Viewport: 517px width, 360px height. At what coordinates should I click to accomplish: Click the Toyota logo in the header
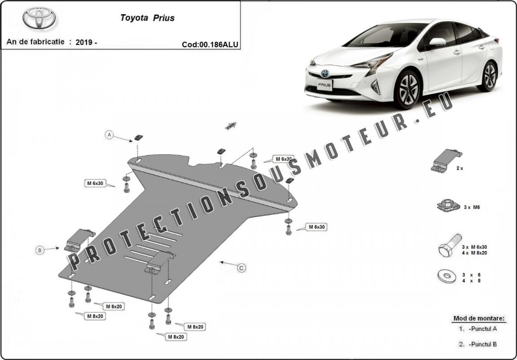coord(39,18)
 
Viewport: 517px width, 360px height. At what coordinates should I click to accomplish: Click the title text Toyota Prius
coord(147,18)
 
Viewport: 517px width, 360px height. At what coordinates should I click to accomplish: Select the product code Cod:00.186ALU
coord(210,44)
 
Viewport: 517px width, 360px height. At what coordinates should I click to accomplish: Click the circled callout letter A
coord(109,135)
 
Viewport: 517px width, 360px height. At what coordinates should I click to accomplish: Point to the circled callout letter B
coord(39,250)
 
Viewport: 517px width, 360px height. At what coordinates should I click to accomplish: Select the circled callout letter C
coord(241,268)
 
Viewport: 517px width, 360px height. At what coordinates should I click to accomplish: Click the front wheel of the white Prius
coord(408,89)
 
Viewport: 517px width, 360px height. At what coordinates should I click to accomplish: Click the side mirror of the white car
coord(438,42)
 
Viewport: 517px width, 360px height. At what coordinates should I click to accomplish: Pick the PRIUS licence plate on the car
coord(324,85)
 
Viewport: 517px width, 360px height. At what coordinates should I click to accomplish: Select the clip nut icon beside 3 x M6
coord(447,206)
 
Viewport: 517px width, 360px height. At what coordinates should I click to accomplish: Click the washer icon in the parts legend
coord(447,276)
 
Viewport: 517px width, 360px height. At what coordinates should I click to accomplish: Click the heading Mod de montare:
coord(479,318)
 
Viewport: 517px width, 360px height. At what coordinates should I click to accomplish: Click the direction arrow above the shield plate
coord(231,126)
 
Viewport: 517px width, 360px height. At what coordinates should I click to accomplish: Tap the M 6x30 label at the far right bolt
coord(316,227)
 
